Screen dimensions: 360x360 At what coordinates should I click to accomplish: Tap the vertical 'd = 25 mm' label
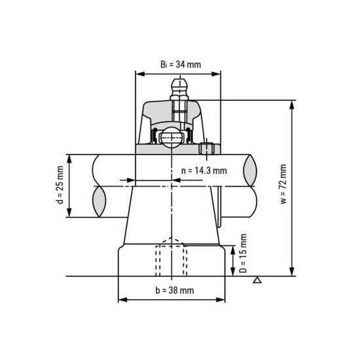click(x=60, y=185)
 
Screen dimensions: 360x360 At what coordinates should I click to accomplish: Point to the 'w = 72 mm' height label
click(x=283, y=185)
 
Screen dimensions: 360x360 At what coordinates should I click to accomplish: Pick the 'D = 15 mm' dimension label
click(x=243, y=253)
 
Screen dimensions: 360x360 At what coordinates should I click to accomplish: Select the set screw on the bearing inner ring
click(x=208, y=149)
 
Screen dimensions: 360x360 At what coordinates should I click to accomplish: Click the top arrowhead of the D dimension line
click(x=234, y=249)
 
